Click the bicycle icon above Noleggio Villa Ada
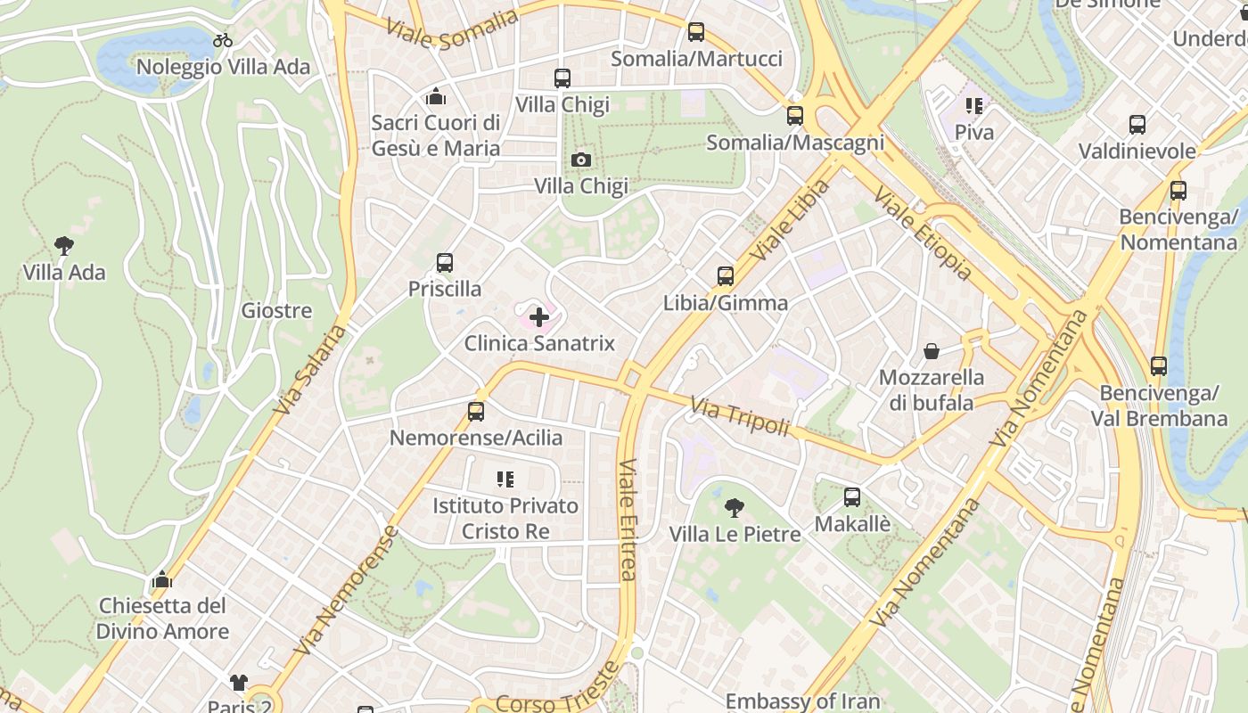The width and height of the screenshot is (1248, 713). coord(223,40)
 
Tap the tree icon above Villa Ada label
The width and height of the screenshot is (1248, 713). coord(63,245)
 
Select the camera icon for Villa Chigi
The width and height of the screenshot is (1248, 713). coord(580,160)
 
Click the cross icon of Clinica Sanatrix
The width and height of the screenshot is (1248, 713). coord(538,316)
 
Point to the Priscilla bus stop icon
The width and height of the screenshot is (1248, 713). coord(445,263)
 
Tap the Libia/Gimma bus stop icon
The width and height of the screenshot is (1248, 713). coord(726,276)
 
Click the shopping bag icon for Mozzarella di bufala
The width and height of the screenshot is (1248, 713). coord(932,351)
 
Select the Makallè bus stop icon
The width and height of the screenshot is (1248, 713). coord(852,497)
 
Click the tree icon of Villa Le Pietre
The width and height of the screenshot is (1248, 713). coord(735,508)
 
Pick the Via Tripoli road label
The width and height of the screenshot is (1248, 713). coord(740,417)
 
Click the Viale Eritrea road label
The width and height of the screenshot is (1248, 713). coord(628,520)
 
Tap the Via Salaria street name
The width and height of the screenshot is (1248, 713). coord(309,370)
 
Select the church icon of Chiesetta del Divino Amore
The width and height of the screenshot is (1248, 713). coord(161,579)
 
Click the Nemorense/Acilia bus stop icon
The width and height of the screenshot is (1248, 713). coord(476,411)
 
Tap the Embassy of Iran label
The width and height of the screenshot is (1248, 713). coord(802,701)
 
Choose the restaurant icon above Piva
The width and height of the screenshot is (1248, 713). coord(973,106)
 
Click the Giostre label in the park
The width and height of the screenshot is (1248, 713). coord(276,311)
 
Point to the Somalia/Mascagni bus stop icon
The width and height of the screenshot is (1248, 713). coord(794,116)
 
